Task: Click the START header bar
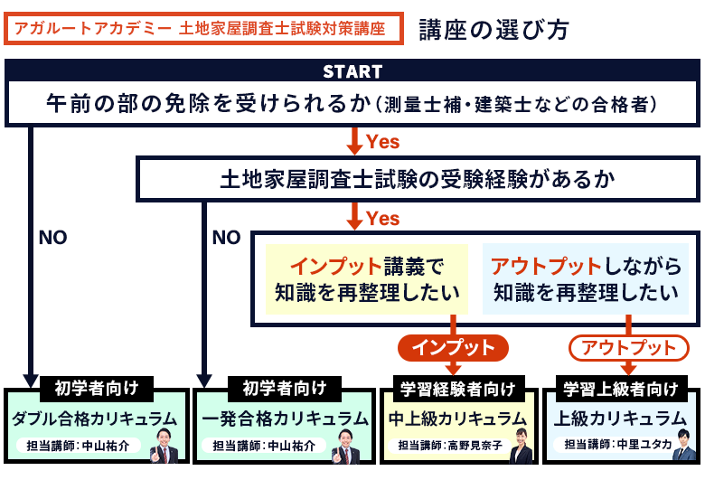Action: (x=352, y=71)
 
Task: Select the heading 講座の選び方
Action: (x=493, y=29)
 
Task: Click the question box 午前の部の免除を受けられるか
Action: (x=352, y=104)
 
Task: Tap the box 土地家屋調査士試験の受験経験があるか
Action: (x=417, y=179)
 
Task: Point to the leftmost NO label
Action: (x=52, y=238)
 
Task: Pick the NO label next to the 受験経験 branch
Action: (x=226, y=238)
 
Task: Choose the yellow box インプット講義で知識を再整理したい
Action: (x=366, y=279)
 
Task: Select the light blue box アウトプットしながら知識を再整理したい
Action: (x=585, y=279)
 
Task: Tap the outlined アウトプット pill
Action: (x=628, y=347)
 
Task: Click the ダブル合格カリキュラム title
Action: (x=96, y=418)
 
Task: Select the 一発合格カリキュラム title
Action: (x=285, y=418)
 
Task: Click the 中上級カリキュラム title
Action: (x=456, y=418)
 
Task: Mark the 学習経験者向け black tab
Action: (x=457, y=389)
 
